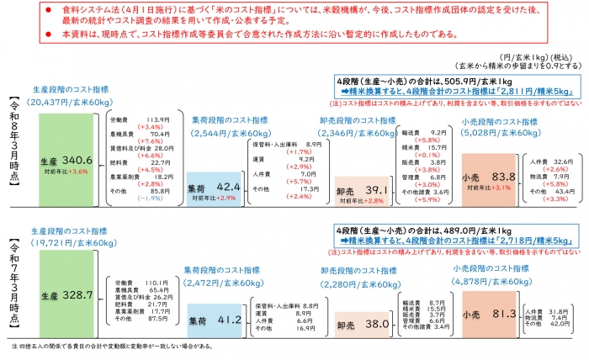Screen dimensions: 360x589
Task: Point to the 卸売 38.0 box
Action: tap(363, 323)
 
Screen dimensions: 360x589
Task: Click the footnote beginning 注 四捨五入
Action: tap(118, 346)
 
